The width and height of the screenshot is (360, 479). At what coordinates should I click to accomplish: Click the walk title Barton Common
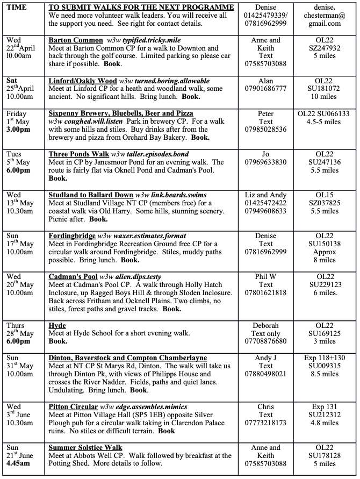[x=76, y=40]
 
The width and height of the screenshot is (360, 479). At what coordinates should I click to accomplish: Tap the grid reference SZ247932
[x=325, y=48]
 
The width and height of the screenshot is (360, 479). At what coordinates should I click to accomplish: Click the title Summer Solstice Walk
[x=85, y=447]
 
